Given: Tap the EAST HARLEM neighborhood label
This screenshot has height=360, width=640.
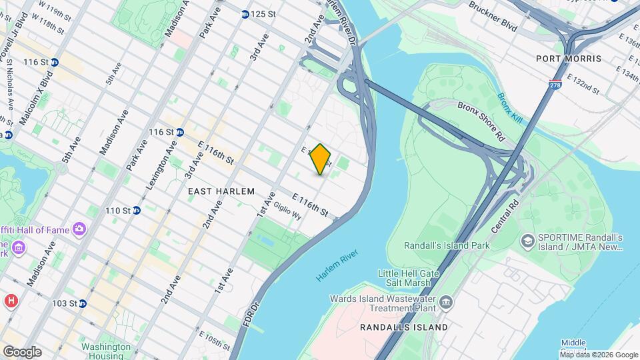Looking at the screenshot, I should [x=221, y=191].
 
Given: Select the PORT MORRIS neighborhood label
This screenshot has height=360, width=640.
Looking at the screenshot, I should [x=568, y=59].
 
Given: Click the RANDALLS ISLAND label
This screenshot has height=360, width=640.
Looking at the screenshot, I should [x=403, y=327].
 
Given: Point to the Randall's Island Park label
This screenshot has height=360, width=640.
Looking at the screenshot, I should [x=447, y=245].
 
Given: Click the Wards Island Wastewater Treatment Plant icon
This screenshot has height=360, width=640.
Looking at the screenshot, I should [x=446, y=305].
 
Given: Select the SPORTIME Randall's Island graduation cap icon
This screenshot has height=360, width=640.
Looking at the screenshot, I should [x=527, y=239].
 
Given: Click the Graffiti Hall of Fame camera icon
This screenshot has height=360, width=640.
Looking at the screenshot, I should [x=79, y=230].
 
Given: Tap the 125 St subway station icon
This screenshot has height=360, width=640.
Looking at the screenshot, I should [x=245, y=14].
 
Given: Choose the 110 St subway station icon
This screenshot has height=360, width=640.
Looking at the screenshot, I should [x=137, y=211].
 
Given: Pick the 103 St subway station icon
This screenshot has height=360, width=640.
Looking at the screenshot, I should [x=82, y=303].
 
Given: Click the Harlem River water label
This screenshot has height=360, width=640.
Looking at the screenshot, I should [x=337, y=266].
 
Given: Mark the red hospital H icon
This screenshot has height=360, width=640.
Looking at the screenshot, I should [x=10, y=301].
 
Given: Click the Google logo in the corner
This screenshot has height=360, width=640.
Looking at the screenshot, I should [x=22, y=351].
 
